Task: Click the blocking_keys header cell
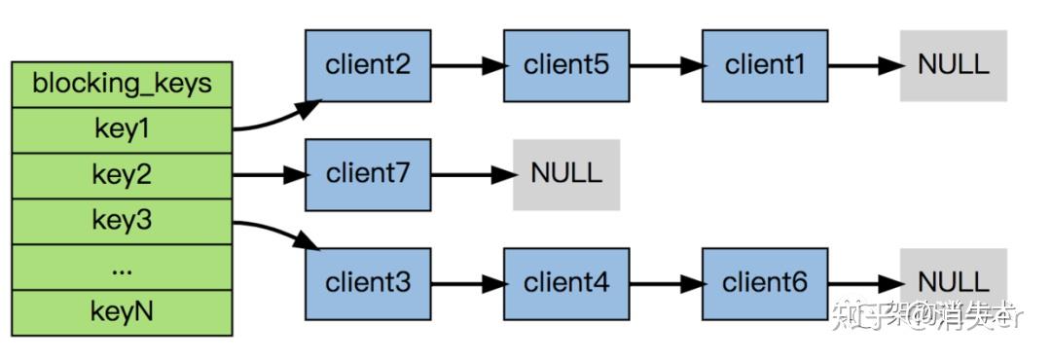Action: [122, 84]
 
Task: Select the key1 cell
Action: [122, 129]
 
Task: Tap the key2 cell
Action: [122, 175]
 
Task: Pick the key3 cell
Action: [122, 221]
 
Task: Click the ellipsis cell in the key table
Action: [122, 267]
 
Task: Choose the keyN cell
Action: [122, 312]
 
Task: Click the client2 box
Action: [368, 65]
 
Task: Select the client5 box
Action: [565, 65]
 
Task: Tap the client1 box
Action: [765, 65]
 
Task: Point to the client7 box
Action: [368, 175]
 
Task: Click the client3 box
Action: [368, 283]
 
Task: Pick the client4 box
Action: [565, 283]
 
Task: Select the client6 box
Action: [765, 283]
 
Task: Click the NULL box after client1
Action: [953, 65]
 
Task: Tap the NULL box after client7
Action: [566, 175]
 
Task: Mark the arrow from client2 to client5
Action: [467, 66]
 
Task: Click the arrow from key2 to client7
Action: [269, 175]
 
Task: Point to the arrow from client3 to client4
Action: [467, 284]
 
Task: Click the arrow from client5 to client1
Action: [666, 66]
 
